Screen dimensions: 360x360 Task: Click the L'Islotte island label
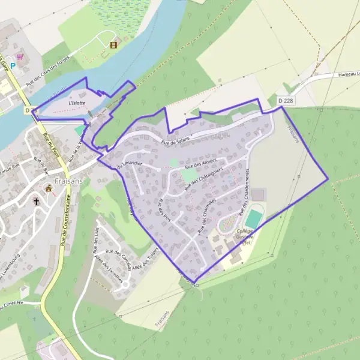(x=77, y=103)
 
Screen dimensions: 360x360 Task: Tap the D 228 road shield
(x=287, y=100)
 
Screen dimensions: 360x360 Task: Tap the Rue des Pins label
(x=161, y=212)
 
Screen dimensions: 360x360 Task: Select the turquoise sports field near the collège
(x=253, y=218)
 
